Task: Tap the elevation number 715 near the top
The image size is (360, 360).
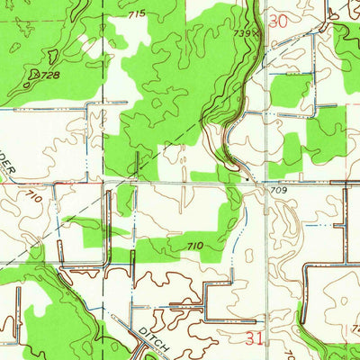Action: point(136,15)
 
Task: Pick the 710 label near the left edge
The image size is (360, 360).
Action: point(34,195)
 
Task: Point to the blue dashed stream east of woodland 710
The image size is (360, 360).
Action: point(236,238)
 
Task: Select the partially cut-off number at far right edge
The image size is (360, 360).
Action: point(356,328)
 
